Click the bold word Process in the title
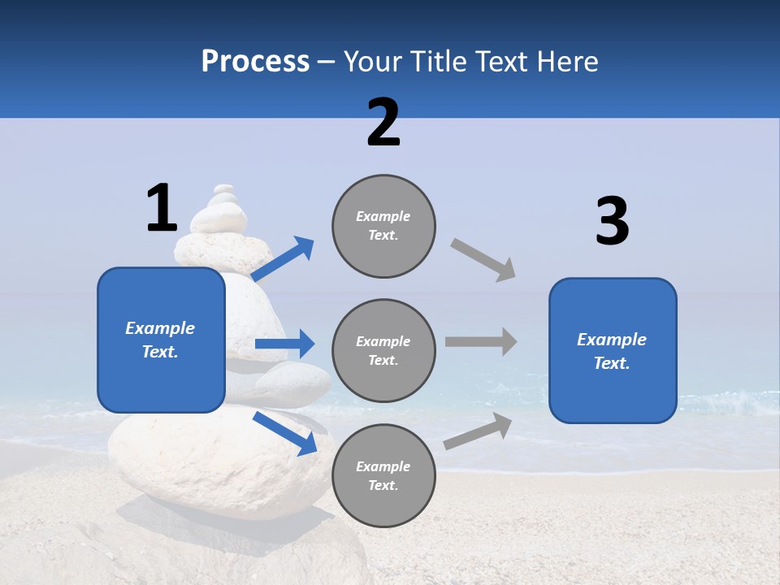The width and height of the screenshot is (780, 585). (x=255, y=61)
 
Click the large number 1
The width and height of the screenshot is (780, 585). (x=162, y=208)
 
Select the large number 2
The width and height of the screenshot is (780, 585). (x=383, y=123)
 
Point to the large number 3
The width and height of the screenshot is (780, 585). (x=612, y=222)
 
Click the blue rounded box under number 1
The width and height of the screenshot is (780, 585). (x=161, y=340)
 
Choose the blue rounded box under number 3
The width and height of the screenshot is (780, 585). (x=613, y=350)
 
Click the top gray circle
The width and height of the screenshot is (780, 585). (x=383, y=226)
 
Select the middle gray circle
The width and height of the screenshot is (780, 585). (x=383, y=350)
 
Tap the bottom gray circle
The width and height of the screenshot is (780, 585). (x=383, y=475)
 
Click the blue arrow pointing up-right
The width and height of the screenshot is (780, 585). (x=283, y=259)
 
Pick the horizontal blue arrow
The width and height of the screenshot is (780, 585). (x=284, y=344)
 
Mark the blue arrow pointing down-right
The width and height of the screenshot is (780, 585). (x=285, y=433)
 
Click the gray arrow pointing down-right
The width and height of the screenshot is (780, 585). (x=483, y=260)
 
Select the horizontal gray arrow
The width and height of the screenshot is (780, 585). (x=481, y=341)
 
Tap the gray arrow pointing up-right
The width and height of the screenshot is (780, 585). (x=478, y=431)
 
